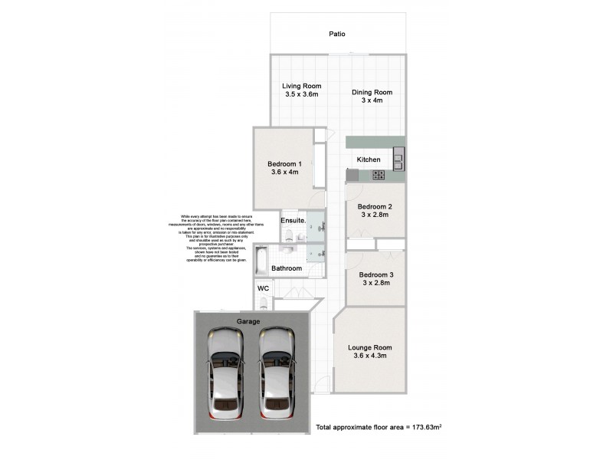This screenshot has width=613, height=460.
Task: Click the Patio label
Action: (337, 34)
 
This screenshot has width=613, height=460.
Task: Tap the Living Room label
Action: (301, 86)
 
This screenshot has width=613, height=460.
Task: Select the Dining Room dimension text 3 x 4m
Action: (372, 100)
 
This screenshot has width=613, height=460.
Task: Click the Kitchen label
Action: (369, 159)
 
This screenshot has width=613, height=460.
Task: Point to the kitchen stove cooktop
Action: (379, 175)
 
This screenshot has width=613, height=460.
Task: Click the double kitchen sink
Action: (398, 159)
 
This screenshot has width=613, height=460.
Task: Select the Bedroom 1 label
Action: (284, 164)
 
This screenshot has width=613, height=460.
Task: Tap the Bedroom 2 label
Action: (375, 207)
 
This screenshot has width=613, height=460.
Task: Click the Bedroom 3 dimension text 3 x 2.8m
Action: (375, 283)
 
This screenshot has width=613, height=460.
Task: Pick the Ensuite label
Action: (293, 222)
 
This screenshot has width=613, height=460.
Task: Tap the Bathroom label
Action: (287, 268)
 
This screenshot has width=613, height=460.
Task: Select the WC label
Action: (263, 287)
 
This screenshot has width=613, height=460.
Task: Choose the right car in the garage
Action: (276, 373)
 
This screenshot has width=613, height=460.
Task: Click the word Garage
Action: (248, 321)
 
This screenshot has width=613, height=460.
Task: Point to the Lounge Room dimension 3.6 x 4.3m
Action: (370, 356)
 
